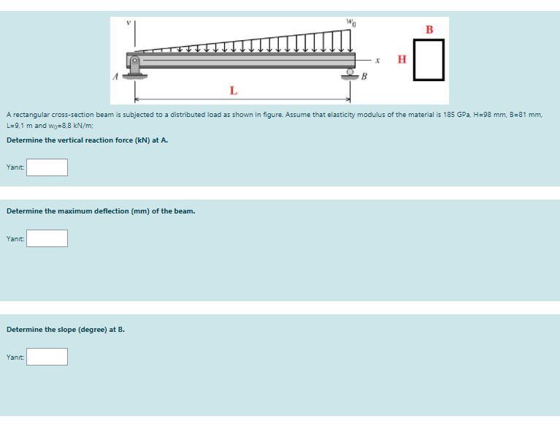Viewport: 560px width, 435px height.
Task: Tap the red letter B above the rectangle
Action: [429, 30]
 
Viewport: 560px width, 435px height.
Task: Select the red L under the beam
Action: [233, 91]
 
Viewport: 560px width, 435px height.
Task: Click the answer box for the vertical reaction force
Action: [47, 167]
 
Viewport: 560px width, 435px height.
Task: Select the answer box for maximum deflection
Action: [47, 238]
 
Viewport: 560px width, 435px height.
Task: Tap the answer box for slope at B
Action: [47, 357]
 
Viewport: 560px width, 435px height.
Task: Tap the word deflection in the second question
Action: [111, 211]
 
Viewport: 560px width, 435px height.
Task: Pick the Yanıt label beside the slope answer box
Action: [15, 357]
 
